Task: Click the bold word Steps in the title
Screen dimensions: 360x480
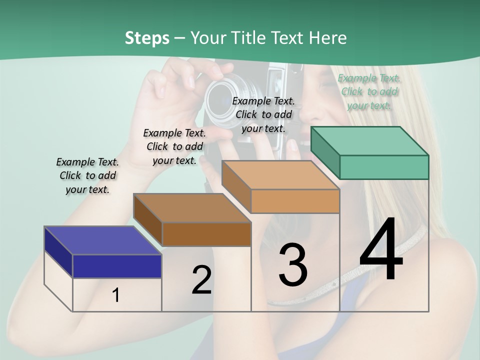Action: coord(147,38)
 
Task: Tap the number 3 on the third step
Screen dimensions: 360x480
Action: coord(292,265)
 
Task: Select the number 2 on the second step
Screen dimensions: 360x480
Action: coord(201,280)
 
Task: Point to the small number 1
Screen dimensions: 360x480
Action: coord(115,295)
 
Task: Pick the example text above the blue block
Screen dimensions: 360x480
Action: coord(87,175)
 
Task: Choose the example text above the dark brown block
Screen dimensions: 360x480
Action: coord(174,146)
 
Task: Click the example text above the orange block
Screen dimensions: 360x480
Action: coord(263,114)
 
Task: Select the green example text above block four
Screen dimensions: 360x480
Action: coord(369,91)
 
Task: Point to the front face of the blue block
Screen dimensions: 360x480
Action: coord(117,266)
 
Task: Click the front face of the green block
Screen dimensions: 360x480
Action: coord(384,167)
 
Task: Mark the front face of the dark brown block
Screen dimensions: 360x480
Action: coord(206,234)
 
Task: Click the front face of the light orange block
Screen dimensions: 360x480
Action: coord(295,201)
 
